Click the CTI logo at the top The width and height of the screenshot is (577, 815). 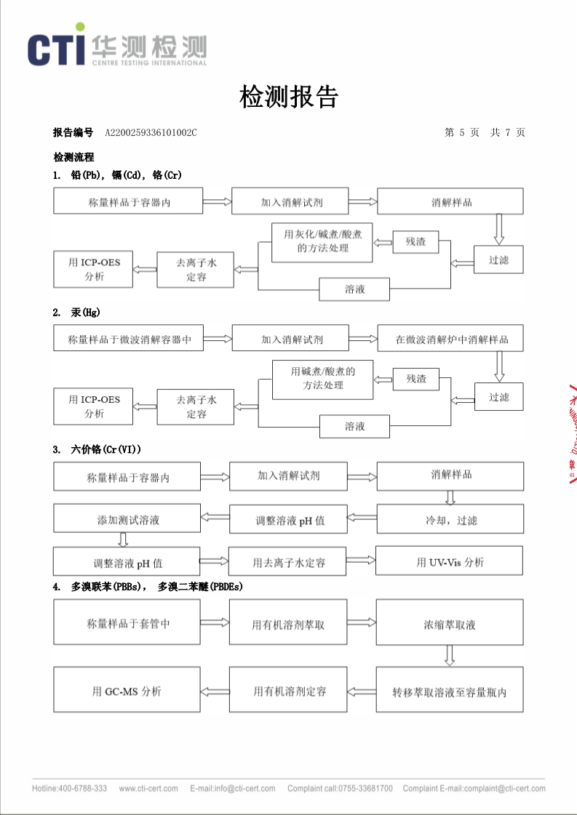tap(116, 48)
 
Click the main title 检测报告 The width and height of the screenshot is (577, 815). tap(289, 96)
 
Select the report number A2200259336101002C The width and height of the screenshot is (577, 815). tap(151, 132)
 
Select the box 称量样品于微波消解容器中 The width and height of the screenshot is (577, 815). tap(129, 339)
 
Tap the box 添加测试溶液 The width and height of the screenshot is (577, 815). tap(128, 520)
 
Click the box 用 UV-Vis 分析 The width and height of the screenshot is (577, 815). tap(450, 561)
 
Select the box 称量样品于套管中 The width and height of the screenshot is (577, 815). tap(128, 623)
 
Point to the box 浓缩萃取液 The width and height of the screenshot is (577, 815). tap(450, 624)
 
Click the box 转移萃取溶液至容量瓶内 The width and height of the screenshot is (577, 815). tap(450, 691)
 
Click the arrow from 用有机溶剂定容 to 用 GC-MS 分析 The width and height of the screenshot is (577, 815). tap(215, 691)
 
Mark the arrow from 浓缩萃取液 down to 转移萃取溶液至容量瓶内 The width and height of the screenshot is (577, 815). tap(450, 656)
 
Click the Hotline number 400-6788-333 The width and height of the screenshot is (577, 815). tap(82, 789)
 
